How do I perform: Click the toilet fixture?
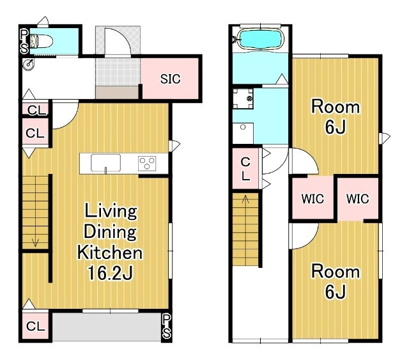pos(42,42)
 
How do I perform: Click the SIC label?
pos(170,79)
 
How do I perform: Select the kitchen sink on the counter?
pos(105,163)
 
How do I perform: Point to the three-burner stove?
pos(147,164)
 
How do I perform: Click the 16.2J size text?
pos(110,273)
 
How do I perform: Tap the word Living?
pos(111,212)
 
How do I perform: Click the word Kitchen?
pos(110,253)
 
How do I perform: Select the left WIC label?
pos(313,199)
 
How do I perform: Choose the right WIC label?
pos(358,199)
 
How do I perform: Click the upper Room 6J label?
pos(336,116)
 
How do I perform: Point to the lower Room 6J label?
pos(336,281)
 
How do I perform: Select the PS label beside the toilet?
pos(24,42)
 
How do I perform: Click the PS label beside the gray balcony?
pos(166,326)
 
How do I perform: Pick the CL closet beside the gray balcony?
pos(36,326)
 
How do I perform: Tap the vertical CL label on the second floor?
pos(245,169)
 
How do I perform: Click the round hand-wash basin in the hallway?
pos(28,64)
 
